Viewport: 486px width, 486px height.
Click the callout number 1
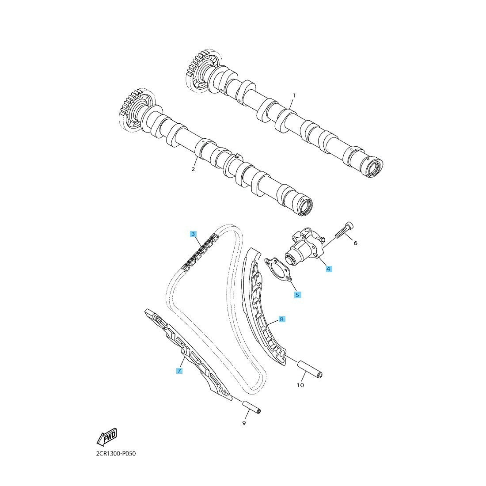coord(294,95)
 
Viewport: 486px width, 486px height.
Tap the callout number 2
coord(193,169)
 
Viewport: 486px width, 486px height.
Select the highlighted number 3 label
coord(194,234)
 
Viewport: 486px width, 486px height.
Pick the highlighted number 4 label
coord(329,269)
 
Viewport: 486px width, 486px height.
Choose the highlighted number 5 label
coord(297,295)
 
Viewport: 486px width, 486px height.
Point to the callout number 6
coord(356,243)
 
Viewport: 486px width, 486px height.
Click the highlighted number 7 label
coord(179,370)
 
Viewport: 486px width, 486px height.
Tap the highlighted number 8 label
coord(281,319)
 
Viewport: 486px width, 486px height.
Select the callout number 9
coord(244,423)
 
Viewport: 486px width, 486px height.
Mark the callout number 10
coord(300,385)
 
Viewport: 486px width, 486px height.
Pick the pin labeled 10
coord(310,369)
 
